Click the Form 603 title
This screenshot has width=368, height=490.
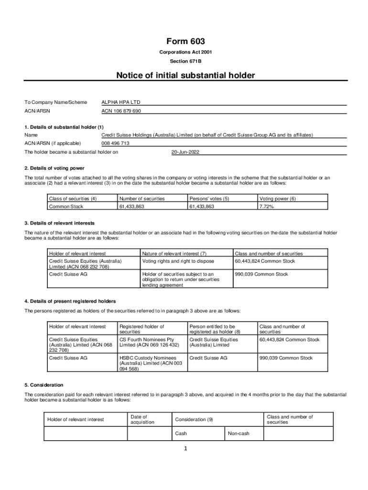(185, 42)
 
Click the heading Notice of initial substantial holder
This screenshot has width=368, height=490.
(185, 75)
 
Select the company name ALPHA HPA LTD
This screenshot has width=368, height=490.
(121, 102)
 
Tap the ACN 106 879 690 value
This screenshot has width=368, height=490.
(121, 111)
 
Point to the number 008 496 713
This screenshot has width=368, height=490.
(115, 143)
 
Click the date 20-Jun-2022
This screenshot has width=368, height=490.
(185, 152)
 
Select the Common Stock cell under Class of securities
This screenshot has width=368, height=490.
(66, 206)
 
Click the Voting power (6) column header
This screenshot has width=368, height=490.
(277, 199)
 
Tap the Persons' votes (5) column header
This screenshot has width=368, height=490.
(209, 199)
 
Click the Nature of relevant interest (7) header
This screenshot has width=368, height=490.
(174, 254)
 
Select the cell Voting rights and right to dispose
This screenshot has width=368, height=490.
(178, 261)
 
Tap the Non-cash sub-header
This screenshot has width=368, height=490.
(238, 434)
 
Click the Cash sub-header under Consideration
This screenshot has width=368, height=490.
(181, 434)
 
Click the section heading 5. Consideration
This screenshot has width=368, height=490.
(43, 385)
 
